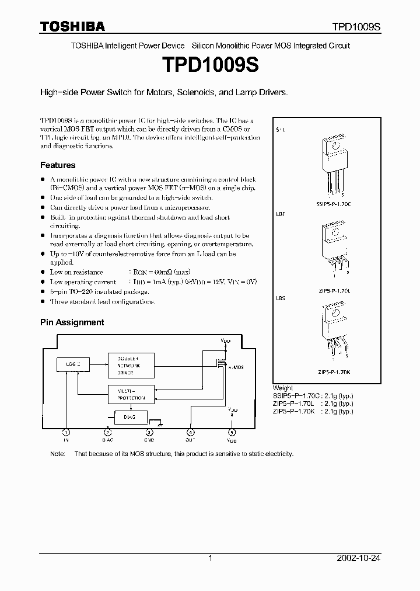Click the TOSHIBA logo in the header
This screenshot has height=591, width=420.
pos(72,26)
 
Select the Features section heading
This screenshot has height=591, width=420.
pos(58,165)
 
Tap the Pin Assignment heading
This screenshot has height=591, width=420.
pos(72,322)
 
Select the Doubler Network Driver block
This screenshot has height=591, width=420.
pos(131,364)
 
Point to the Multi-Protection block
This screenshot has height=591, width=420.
pos(131,394)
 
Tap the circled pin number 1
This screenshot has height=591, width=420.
pos(66,433)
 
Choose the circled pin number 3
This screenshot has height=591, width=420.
pos(149,433)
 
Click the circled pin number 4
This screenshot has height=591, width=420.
pos(190,433)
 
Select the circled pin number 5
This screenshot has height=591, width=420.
pos(232,433)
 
